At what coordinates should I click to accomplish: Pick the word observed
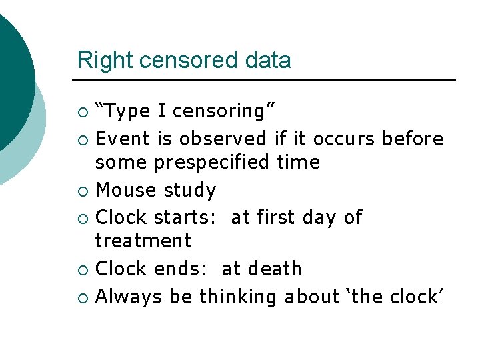223,139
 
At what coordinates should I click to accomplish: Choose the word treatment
143,241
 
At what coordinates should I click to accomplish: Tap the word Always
129,297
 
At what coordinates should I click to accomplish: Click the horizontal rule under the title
267,80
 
